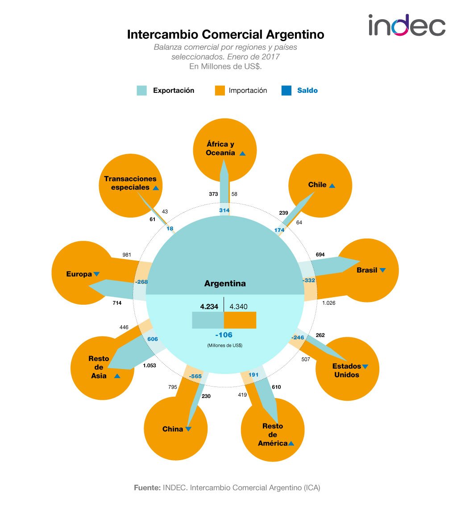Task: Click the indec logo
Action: pyautogui.click(x=407, y=25)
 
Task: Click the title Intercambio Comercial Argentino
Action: pyautogui.click(x=225, y=34)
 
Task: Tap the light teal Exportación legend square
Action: pyautogui.click(x=141, y=90)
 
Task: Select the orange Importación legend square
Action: pyautogui.click(x=220, y=90)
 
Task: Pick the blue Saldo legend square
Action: pyautogui.click(x=287, y=90)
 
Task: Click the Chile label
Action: pyautogui.click(x=317, y=185)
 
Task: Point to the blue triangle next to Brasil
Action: pyautogui.click(x=382, y=270)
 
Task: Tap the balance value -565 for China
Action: pyautogui.click(x=195, y=376)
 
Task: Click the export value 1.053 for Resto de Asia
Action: pyautogui.click(x=150, y=365)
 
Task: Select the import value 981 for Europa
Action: pyautogui.click(x=127, y=255)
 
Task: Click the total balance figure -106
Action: pyautogui.click(x=224, y=335)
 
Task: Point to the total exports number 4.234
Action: pyautogui.click(x=209, y=306)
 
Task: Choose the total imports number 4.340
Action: pyautogui.click(x=238, y=306)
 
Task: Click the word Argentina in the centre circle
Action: pyautogui.click(x=225, y=283)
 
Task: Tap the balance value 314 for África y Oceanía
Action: pyautogui.click(x=224, y=210)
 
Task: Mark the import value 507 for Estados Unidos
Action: pyautogui.click(x=306, y=359)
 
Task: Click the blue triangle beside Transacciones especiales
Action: pyautogui.click(x=156, y=188)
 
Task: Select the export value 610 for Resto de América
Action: pyautogui.click(x=276, y=387)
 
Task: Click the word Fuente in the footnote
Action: pyautogui.click(x=147, y=487)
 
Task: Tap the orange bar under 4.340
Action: pyautogui.click(x=240, y=320)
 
